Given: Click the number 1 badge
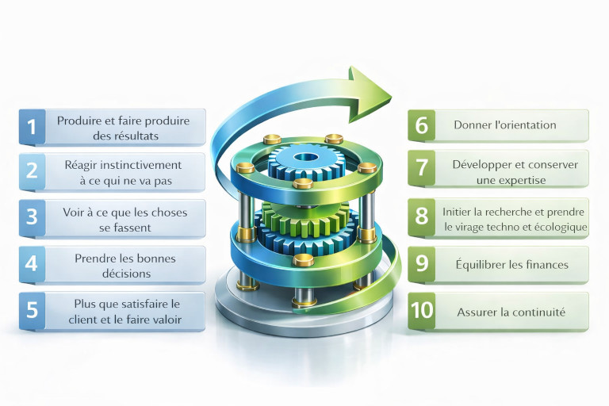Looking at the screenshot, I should pyautogui.click(x=32, y=127).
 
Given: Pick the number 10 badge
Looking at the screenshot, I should pyautogui.click(x=422, y=311).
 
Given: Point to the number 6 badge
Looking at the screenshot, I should pyautogui.click(x=422, y=125).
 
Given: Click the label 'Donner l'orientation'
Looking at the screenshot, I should pyautogui.click(x=505, y=125).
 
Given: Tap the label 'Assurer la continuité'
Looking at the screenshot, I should pyautogui.click(x=511, y=312).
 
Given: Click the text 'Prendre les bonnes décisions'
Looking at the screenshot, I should pyautogui.click(x=124, y=266).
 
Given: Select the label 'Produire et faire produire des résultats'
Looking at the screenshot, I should pyautogui.click(x=120, y=128).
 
